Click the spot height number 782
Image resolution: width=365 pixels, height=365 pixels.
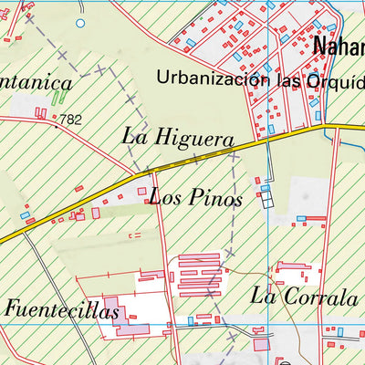coord(69,118)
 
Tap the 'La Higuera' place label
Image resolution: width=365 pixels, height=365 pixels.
coord(179,137)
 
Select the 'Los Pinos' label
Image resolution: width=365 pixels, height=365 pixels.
coord(195,197)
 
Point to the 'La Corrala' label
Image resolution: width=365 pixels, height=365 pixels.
coord(304,296)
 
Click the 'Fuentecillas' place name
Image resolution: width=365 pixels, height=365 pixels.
coord(62,310)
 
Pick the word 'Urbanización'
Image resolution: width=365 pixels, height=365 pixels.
coord(213,78)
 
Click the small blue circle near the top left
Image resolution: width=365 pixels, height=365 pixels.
coord(79,22)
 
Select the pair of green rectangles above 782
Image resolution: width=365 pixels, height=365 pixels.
coord(59,94)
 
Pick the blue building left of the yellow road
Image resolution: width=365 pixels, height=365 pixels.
coord(25,216)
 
